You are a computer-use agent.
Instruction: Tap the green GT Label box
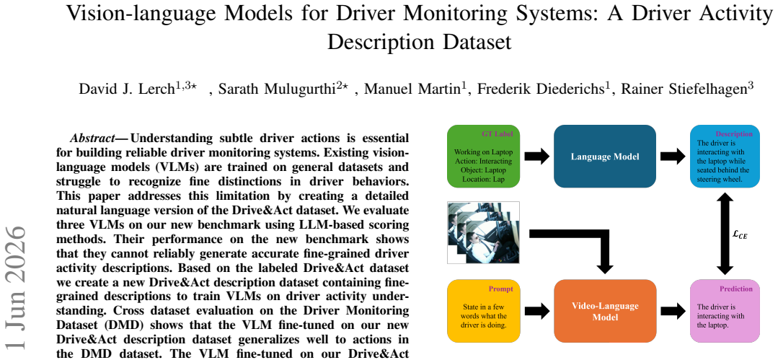(x=483, y=156)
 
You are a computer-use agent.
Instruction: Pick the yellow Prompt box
(x=483, y=311)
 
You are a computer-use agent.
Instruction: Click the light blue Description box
(x=725, y=156)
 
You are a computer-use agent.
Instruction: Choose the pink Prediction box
(x=725, y=311)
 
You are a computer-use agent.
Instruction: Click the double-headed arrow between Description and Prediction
(x=725, y=233)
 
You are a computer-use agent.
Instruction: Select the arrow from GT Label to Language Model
(x=536, y=156)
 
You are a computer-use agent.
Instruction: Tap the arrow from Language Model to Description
(x=672, y=156)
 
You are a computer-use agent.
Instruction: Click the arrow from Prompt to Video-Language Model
(x=536, y=312)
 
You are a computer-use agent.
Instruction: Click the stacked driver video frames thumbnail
(x=483, y=232)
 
